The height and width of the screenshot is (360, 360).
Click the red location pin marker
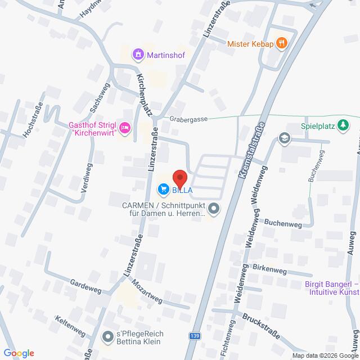[179, 178]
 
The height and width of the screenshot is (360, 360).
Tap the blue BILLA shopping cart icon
[164, 189]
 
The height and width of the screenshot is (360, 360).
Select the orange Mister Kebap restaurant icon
[283, 43]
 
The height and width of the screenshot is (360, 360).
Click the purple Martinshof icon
[137, 55]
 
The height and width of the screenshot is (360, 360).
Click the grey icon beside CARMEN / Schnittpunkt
[213, 209]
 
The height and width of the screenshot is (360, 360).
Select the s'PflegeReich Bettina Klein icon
[107, 337]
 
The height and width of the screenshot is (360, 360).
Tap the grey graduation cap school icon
[285, 138]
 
